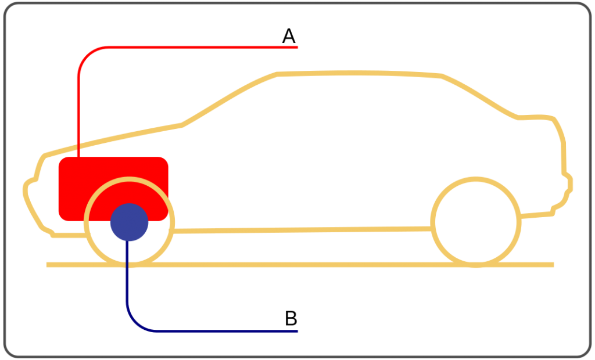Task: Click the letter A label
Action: pyautogui.click(x=289, y=36)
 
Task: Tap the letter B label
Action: pyautogui.click(x=291, y=318)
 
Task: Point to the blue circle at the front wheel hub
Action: pyautogui.click(x=130, y=222)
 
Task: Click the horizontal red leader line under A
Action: pyautogui.click(x=203, y=48)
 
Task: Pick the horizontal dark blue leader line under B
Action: pyautogui.click(x=227, y=331)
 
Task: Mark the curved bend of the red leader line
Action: pyautogui.click(x=87, y=56)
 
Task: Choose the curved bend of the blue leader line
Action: pyautogui.click(x=135, y=322)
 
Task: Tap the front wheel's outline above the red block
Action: pyautogui.click(x=130, y=179)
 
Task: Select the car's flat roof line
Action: pyautogui.click(x=359, y=73)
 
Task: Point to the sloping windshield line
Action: pyautogui.click(x=229, y=98)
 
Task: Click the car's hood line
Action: pyautogui.click(x=113, y=139)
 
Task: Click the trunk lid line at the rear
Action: pyautogui.click(x=536, y=117)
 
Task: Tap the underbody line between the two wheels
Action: pyautogui.click(x=302, y=230)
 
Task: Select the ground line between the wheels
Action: pyautogui.click(x=302, y=264)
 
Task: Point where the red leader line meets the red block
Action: pyautogui.click(x=78, y=157)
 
